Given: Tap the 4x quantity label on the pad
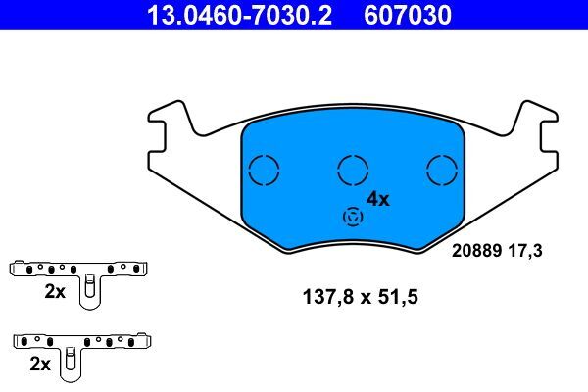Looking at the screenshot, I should click(377, 199).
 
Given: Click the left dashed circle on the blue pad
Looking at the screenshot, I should click(264, 170).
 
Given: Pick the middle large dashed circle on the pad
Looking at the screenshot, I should click(351, 170).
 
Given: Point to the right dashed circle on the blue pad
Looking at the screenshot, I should click(443, 170).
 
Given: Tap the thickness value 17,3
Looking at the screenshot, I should click(524, 251).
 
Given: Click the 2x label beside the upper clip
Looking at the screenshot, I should click(54, 291).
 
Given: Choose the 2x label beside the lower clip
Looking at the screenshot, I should click(40, 364).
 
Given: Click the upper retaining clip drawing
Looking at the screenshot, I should click(78, 269).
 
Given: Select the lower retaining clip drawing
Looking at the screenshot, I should click(83, 343).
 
